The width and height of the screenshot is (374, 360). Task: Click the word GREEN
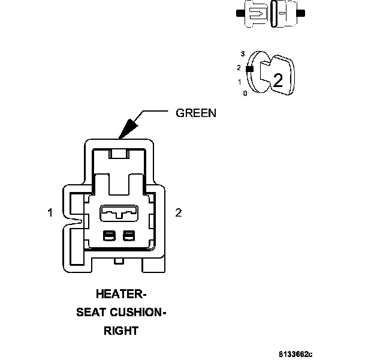(195, 113)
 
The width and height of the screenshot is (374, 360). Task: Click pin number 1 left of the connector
(52, 212)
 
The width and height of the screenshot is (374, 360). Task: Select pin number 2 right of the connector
(178, 212)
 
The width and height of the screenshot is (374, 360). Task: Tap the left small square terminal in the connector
(109, 236)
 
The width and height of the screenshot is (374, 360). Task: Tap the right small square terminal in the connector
(128, 236)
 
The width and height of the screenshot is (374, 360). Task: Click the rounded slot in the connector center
(118, 212)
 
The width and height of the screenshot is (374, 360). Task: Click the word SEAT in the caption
(90, 313)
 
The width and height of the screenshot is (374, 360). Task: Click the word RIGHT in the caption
(121, 331)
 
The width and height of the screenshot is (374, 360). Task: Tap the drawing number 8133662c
(295, 354)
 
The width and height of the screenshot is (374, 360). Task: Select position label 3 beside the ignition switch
(242, 54)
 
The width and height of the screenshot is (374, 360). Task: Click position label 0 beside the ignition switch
(245, 94)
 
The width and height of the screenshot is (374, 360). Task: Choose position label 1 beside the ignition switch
(240, 82)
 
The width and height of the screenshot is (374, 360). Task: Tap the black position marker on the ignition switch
(249, 68)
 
